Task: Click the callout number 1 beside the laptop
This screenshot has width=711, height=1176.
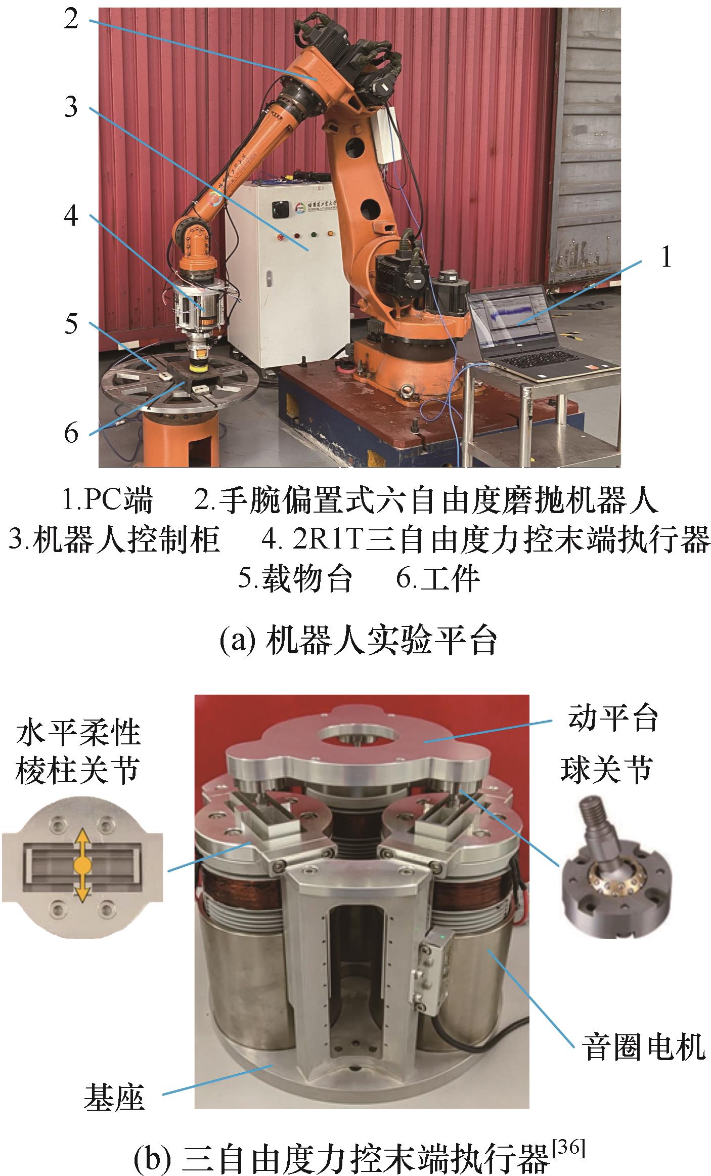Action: tap(666, 258)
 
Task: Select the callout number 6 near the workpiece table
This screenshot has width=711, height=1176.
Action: tap(71, 434)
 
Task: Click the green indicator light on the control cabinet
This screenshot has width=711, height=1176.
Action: tap(314, 235)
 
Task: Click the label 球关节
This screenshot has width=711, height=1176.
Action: tap(606, 770)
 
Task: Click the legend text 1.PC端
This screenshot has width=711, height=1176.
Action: tap(107, 500)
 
